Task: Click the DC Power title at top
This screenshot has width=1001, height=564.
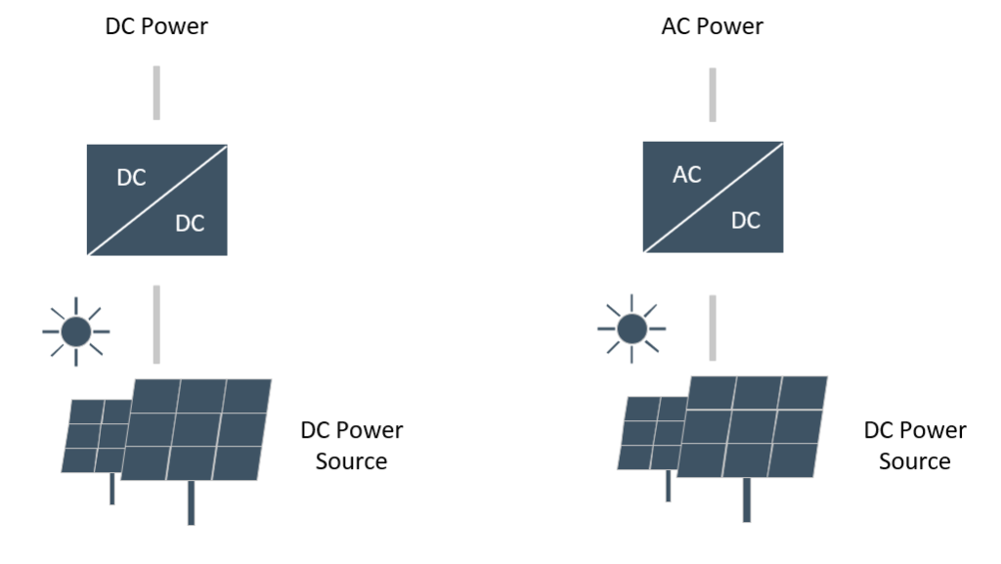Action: [156, 26]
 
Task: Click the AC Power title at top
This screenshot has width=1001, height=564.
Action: [712, 26]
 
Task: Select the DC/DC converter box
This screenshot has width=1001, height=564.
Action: [157, 199]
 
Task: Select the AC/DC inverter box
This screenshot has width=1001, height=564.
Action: [713, 197]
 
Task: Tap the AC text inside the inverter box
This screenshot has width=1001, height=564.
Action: [687, 174]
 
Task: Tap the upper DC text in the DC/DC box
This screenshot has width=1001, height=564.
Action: [132, 177]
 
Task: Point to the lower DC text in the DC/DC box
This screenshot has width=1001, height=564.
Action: [190, 223]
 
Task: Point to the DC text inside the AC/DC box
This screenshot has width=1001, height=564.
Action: [746, 221]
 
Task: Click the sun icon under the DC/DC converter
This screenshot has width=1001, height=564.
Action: [76, 331]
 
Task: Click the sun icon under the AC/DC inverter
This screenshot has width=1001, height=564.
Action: [632, 329]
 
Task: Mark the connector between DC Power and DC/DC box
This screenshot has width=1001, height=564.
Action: [156, 93]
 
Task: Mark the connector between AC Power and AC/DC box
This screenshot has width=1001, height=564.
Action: [713, 95]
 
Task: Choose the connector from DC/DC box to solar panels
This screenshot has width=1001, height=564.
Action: [156, 325]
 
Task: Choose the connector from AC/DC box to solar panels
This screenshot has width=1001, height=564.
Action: [713, 327]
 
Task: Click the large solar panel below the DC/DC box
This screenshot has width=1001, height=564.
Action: [196, 429]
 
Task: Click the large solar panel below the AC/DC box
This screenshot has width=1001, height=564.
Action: [752, 427]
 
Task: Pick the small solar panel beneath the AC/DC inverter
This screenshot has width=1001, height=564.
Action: [650, 434]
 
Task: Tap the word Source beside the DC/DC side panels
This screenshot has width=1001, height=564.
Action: [351, 460]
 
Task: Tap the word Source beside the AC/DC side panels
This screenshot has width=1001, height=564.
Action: [914, 460]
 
